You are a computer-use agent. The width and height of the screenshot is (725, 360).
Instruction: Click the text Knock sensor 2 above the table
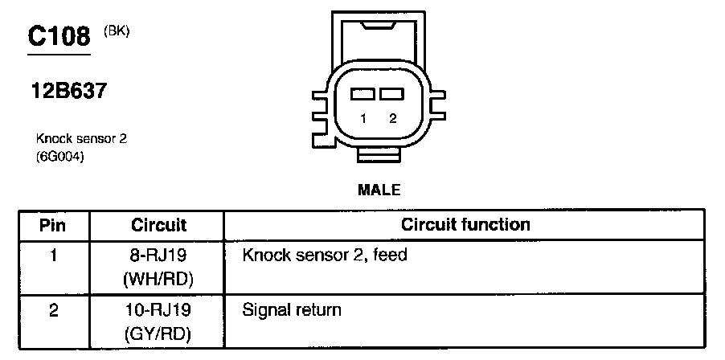tap(81, 139)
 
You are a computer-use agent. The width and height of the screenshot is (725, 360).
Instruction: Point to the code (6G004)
tap(60, 156)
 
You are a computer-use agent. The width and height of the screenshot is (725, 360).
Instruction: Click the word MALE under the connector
tap(378, 190)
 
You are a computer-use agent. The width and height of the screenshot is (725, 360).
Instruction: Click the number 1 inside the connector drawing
tap(363, 119)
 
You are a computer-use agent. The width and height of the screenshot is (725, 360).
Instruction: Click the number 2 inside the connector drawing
tap(392, 119)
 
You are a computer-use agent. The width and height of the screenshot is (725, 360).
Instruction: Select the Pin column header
tap(53, 225)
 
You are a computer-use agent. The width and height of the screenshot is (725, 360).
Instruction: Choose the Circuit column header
tap(158, 225)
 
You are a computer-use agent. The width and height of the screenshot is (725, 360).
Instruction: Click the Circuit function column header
tap(465, 225)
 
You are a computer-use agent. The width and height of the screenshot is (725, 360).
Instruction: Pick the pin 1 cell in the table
tap(53, 256)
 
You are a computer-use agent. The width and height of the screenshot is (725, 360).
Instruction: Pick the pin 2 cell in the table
tap(53, 309)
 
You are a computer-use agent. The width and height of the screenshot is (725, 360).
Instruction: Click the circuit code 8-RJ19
tap(158, 256)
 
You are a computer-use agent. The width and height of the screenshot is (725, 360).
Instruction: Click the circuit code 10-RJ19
tap(158, 309)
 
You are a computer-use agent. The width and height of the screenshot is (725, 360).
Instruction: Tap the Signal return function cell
tap(292, 309)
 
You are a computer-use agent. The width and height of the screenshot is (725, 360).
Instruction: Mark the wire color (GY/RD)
tap(158, 333)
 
